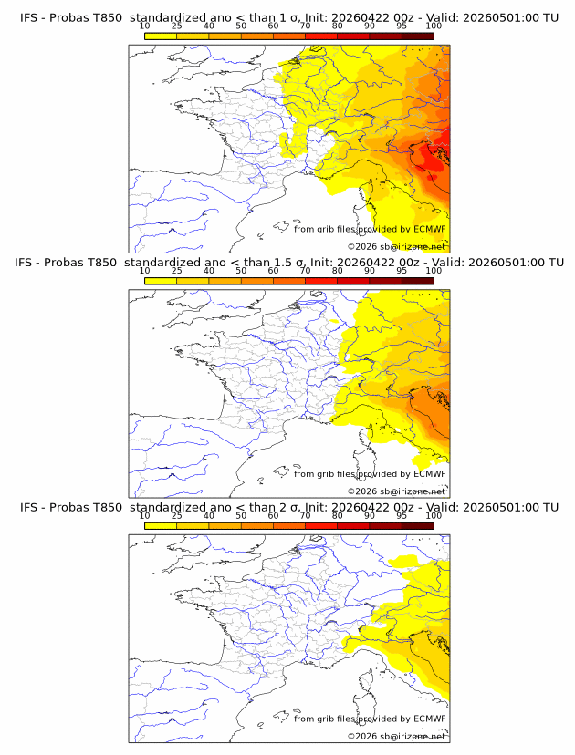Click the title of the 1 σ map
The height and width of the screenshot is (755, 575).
coord(288,17)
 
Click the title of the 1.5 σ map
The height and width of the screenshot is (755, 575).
coord(288,263)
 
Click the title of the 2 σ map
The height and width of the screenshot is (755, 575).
coord(288,507)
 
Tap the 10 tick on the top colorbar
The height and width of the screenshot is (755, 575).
coord(144,26)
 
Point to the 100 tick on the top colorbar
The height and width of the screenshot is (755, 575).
coord(434,26)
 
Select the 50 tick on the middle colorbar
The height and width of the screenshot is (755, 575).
coord(241,271)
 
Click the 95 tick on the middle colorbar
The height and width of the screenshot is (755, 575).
coord(402,271)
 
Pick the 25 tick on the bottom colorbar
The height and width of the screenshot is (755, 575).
coord(176,516)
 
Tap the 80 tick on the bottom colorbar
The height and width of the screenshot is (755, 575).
coord(338,516)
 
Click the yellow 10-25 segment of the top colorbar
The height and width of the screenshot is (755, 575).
coord(161,36)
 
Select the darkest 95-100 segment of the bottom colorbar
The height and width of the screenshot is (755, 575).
coord(417,526)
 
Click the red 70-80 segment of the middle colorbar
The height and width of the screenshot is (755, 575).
coord(321,282)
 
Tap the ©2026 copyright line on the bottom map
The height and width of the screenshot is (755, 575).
coord(396,736)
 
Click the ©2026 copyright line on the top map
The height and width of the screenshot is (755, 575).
coord(396,246)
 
